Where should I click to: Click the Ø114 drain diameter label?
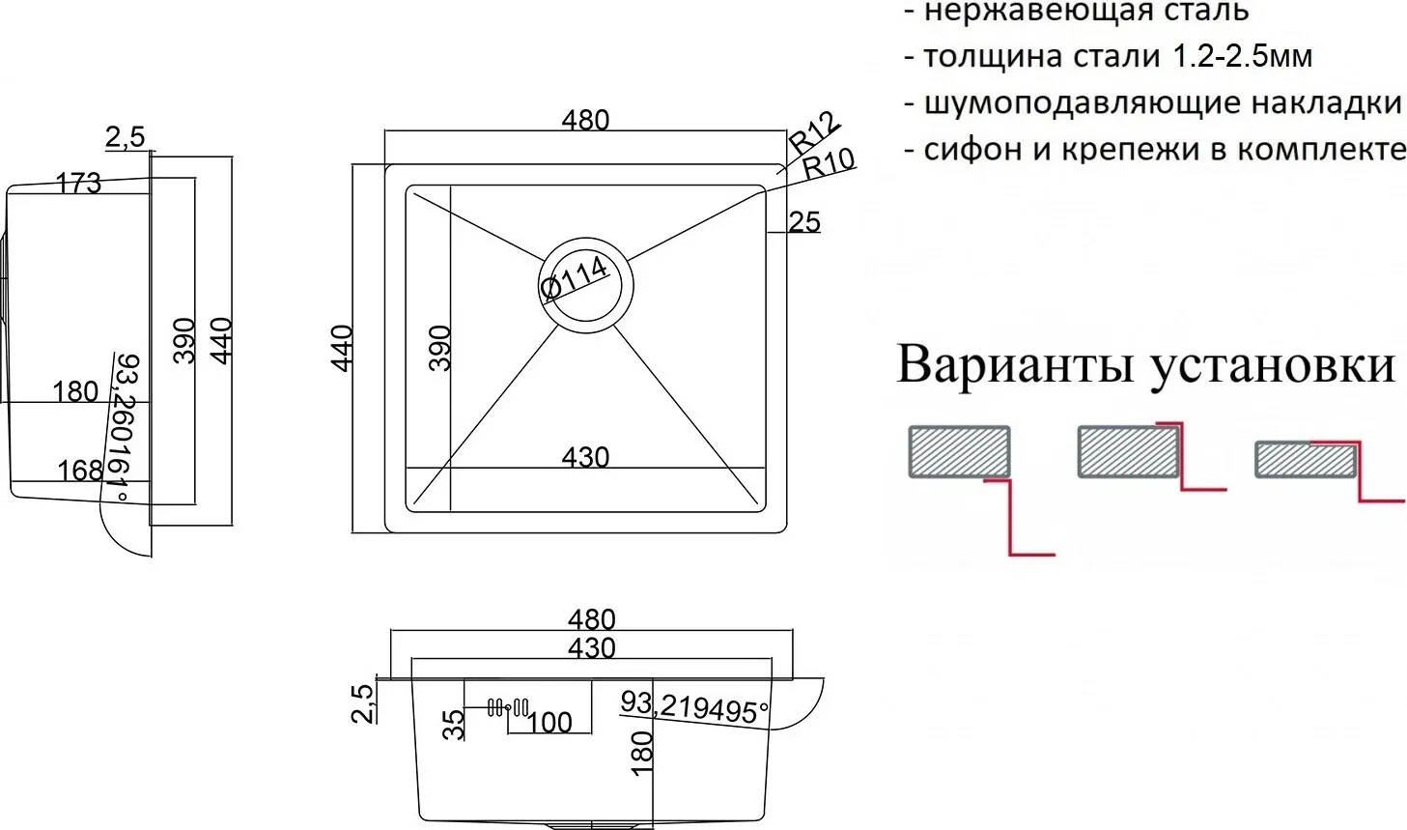pos(575,276)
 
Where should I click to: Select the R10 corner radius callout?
pos(830,163)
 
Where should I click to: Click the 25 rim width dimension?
pos(804,222)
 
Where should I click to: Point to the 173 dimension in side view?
pos(78,184)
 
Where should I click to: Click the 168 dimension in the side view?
pos(80,471)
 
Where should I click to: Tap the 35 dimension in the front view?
pos(454,725)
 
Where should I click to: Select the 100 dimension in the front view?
pos(549,723)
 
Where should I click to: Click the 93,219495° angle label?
pos(694,707)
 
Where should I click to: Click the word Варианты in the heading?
pos(1015,364)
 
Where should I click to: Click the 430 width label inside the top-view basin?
pos(585,457)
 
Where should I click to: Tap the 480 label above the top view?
pos(585,120)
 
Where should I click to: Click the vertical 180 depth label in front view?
pos(642,753)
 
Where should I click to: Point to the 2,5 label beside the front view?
pos(363,703)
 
